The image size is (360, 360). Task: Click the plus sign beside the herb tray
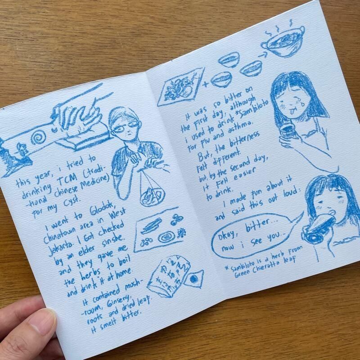(x=206, y=84)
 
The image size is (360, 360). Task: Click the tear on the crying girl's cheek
(x=300, y=102)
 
